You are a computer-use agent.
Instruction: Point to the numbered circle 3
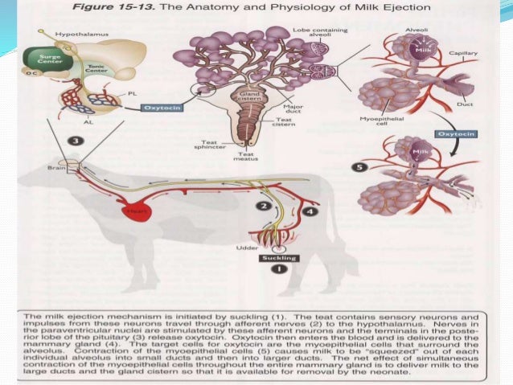click(x=76, y=141)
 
